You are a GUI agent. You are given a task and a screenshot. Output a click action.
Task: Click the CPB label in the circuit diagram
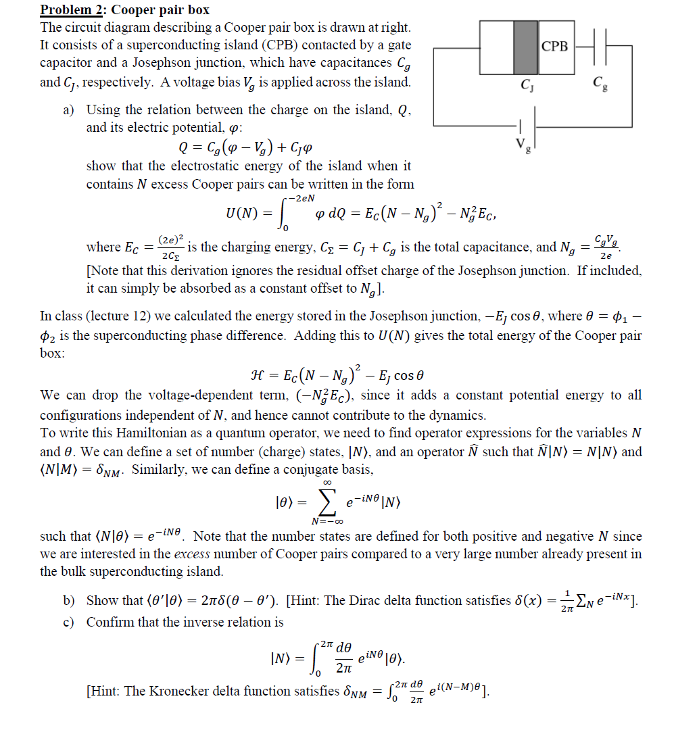click(x=556, y=47)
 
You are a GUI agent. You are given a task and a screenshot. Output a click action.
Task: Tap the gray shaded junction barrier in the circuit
click(x=526, y=47)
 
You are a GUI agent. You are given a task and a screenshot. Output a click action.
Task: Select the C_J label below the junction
click(x=525, y=85)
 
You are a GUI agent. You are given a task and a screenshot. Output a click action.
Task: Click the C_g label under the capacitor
click(x=598, y=84)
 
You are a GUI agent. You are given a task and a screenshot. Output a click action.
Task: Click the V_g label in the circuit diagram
click(x=519, y=144)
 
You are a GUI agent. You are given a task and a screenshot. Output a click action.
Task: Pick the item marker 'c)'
click(x=70, y=622)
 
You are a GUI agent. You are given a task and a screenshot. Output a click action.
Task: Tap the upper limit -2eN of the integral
click(x=302, y=197)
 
